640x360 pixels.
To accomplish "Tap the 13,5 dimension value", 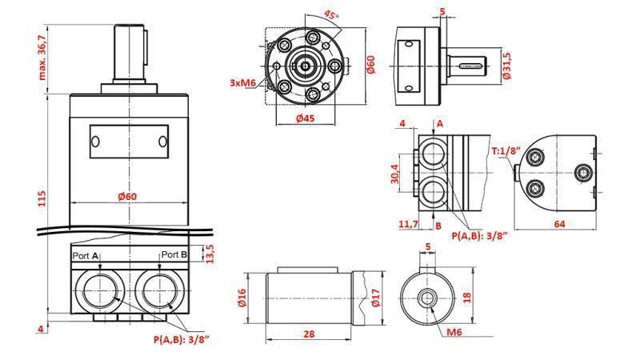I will coord(211,254).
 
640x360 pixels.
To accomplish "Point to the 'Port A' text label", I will coord(86,255).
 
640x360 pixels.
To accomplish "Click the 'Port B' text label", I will coord(174,255).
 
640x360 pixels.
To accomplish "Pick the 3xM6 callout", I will coord(243,83).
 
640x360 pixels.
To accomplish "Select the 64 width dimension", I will coord(560,225).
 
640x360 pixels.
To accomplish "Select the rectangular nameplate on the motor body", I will coord(129,141).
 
